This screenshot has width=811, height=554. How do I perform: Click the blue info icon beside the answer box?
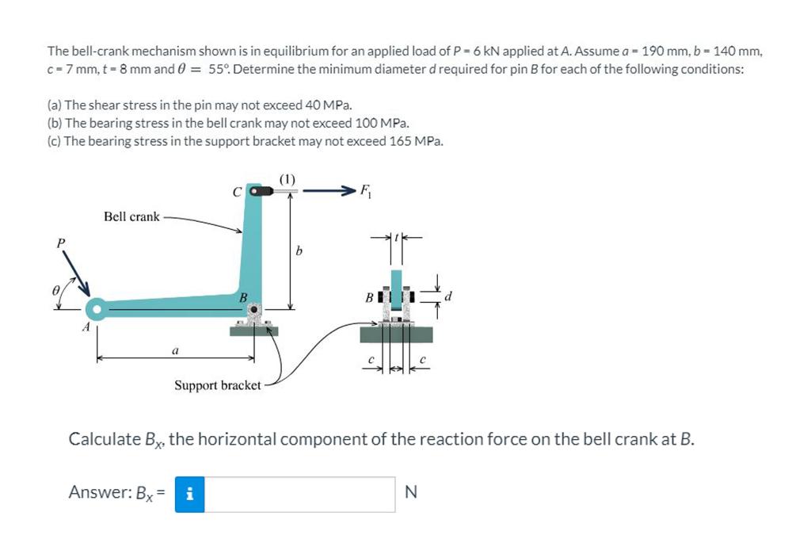point(189,494)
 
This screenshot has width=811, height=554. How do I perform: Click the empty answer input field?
point(299,494)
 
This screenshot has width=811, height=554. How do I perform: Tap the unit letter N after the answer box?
point(410,493)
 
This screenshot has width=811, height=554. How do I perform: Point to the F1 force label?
point(365,189)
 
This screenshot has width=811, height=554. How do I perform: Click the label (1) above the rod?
point(287,179)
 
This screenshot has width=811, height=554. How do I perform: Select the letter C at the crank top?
point(235,191)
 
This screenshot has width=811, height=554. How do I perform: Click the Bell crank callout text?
point(131,216)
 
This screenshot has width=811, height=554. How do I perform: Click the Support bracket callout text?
point(217,385)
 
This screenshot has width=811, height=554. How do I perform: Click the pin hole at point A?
point(97,308)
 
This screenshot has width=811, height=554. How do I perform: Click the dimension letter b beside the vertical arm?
point(299,252)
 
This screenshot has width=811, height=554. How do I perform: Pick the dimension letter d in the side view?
point(449,297)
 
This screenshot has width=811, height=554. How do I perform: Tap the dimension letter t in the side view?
point(398,235)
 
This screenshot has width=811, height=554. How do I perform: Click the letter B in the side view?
point(368,298)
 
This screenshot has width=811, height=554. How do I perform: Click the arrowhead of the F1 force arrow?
point(347,191)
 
